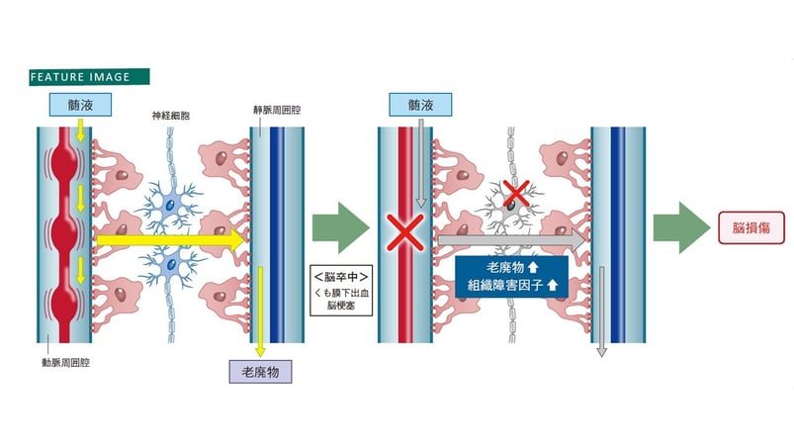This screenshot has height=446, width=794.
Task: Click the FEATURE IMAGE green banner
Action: [90, 76]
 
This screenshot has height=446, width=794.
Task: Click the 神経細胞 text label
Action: [171, 115]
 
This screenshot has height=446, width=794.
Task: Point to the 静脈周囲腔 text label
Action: [271, 115]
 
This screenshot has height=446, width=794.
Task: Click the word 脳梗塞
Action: [338, 309]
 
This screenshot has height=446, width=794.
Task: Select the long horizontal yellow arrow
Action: [168, 239]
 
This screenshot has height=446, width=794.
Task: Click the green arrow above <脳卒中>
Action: [337, 228]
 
